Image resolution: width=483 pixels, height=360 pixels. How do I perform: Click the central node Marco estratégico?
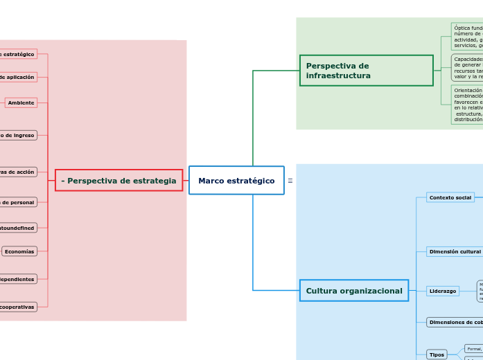coord(236,181)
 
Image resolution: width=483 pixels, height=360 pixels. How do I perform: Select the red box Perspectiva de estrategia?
coord(118,181)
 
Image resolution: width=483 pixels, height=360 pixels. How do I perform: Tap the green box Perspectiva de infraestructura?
coord(366,71)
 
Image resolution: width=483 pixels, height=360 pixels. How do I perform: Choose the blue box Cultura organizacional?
coord(353,291)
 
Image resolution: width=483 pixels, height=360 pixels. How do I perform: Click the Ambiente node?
coord(21,102)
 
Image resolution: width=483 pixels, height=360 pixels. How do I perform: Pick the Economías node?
coord(19,251)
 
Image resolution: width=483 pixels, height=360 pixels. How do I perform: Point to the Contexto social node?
coord(450,197)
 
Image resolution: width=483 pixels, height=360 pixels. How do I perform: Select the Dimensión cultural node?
coord(455,251)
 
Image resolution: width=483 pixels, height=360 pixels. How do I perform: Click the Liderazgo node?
coord(443,291)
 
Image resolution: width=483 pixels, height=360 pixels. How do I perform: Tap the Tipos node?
coord(437,354)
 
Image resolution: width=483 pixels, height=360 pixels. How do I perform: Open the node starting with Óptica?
coord(467,37)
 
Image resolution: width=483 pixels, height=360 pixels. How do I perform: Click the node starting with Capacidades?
coord(467,68)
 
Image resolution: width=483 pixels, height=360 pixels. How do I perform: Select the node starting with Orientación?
coord(467,105)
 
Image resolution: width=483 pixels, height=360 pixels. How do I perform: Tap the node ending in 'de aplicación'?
coord(18,77)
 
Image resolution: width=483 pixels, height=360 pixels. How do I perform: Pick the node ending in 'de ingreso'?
coord(18,135)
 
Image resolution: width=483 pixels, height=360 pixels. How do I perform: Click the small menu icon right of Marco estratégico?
coord(290,181)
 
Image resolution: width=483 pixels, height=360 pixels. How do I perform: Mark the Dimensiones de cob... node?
coord(455,322)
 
